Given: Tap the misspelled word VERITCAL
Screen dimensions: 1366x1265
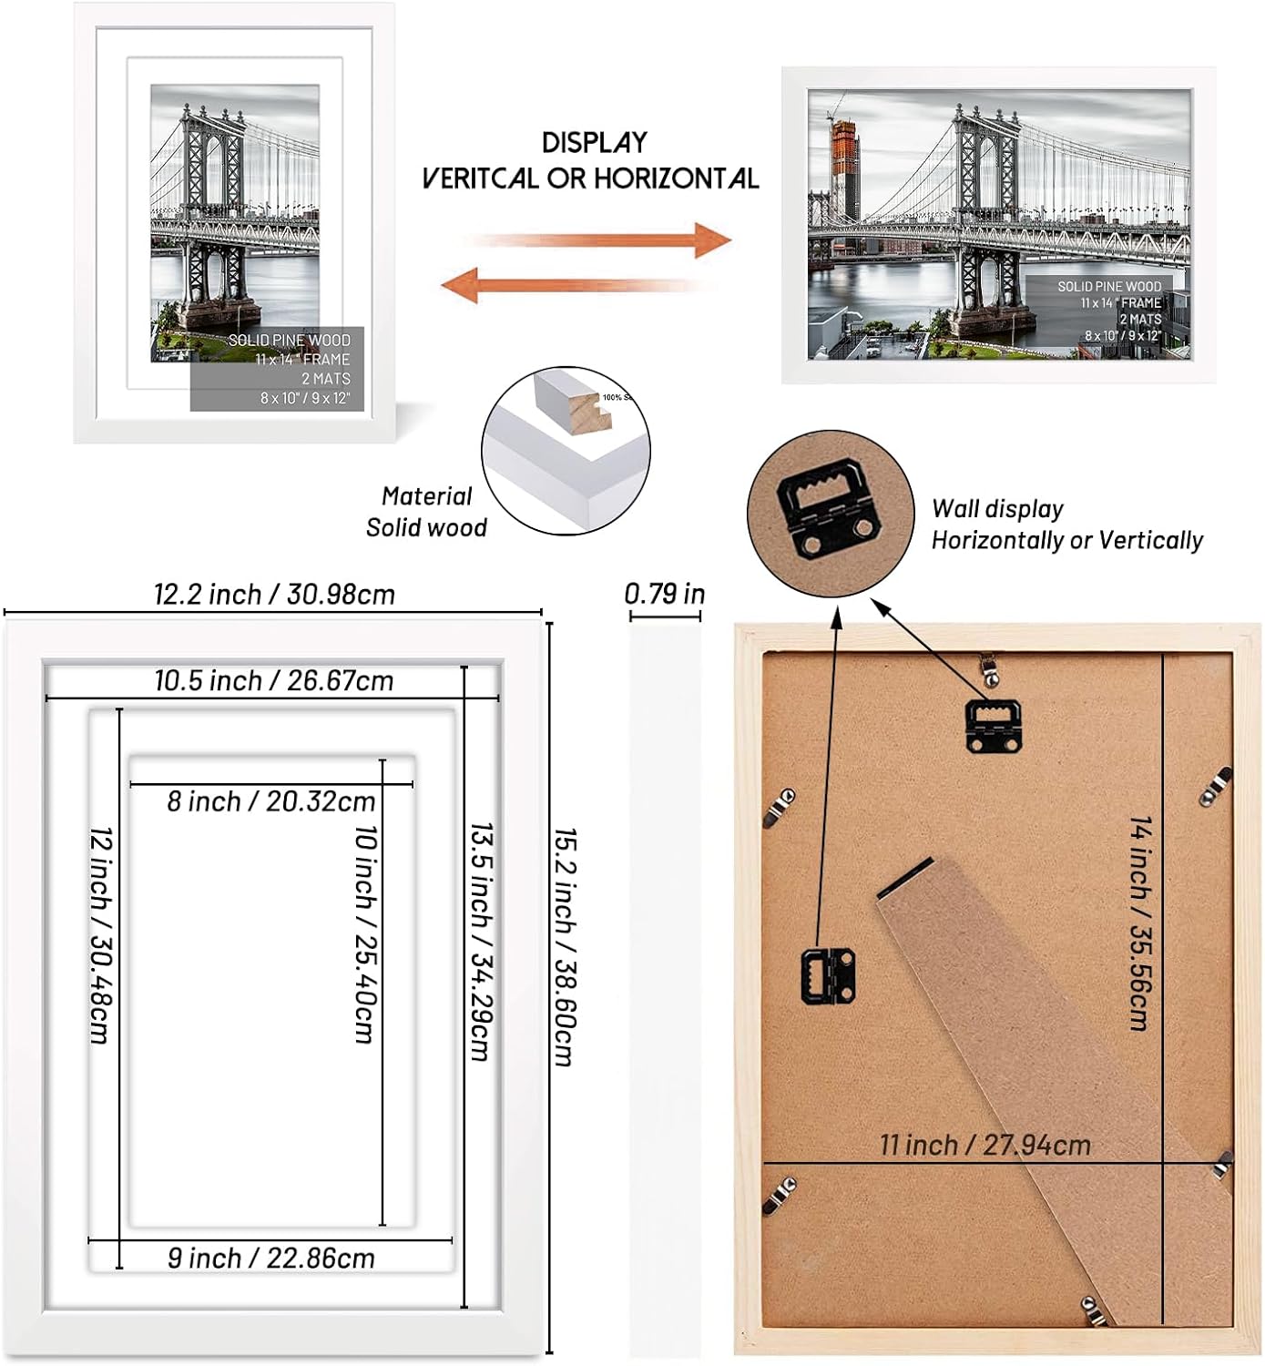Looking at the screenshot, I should (x=480, y=178).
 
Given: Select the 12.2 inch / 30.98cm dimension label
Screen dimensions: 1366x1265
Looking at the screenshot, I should (x=274, y=595).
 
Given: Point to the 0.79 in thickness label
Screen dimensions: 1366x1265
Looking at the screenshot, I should (x=665, y=594).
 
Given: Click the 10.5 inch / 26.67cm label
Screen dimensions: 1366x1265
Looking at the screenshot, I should (x=273, y=680).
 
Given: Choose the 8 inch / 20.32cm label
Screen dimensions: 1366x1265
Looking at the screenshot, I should (x=271, y=801).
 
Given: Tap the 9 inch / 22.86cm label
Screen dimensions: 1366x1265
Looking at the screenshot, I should (x=271, y=1258).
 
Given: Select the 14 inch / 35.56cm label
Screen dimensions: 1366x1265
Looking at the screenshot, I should (x=1139, y=923).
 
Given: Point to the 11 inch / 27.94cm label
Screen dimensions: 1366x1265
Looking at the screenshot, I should (x=984, y=1145).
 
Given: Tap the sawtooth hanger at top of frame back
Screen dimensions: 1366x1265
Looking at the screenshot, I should (x=993, y=724).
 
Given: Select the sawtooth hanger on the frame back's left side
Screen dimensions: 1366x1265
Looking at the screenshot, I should (x=827, y=974).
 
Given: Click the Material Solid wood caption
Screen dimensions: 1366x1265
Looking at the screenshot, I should (x=426, y=512).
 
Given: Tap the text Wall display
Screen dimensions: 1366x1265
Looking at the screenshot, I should (x=997, y=509).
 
